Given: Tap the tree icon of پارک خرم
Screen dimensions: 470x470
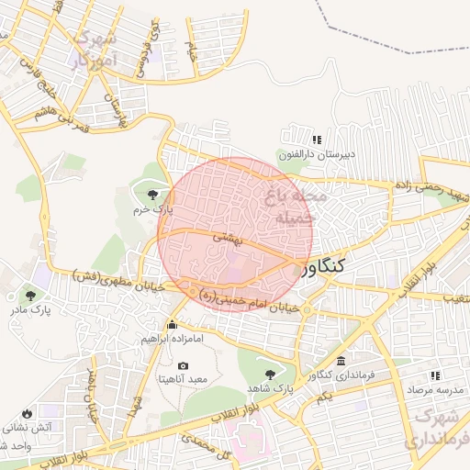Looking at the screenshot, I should coord(150,194).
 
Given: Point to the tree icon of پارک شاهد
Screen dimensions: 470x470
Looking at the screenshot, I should coord(269,375).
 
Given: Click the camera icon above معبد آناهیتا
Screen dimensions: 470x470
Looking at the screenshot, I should coord(183,365).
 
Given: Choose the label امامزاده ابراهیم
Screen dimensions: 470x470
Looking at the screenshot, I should coord(172,338).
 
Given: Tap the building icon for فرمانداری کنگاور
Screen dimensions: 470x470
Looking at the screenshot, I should coord(341,362).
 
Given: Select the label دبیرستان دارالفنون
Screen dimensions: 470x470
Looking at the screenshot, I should coord(317,154).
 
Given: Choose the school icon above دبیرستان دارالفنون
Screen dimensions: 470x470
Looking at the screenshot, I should coord(317,140).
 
